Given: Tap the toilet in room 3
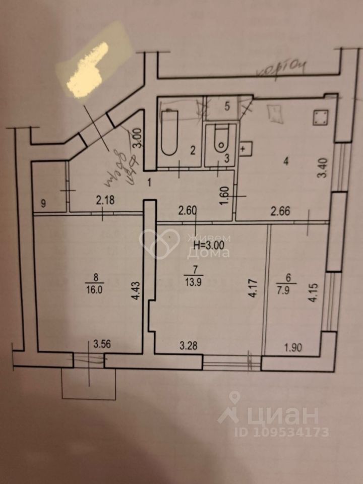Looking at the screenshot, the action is (x=221, y=138).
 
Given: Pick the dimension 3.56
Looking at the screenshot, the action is (x=103, y=345).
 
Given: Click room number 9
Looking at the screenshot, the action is (x=43, y=204).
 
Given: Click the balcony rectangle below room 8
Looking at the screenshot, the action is (x=89, y=384).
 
